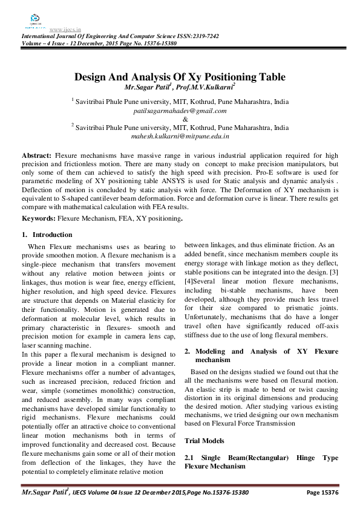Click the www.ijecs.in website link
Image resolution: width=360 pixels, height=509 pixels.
tap(66, 29)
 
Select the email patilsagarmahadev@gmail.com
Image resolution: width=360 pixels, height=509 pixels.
tap(180, 111)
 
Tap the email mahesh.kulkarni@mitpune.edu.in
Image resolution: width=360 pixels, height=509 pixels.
tap(180, 137)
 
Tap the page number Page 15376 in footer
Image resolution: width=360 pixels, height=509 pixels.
tap(322, 493)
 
